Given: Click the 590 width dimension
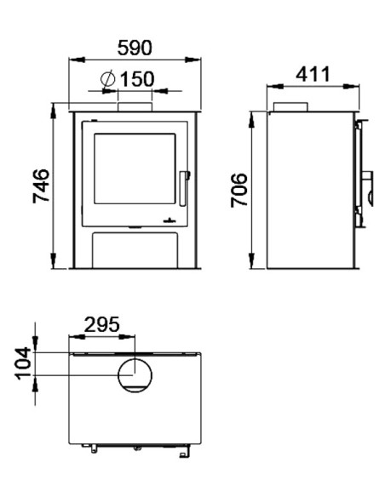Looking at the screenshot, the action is (x=135, y=48).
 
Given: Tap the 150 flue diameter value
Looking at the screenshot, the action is (x=137, y=79).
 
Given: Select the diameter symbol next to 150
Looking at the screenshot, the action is (x=108, y=79).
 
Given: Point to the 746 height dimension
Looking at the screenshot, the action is (x=42, y=186).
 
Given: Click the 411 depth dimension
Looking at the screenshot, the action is (x=313, y=74).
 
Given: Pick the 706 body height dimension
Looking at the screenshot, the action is (x=238, y=190).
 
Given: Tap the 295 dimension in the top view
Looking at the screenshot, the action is (x=102, y=324).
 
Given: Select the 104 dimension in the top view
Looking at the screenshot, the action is (x=23, y=363).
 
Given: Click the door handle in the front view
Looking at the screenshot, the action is (x=184, y=189).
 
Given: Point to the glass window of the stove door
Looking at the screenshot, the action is (x=135, y=169).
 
